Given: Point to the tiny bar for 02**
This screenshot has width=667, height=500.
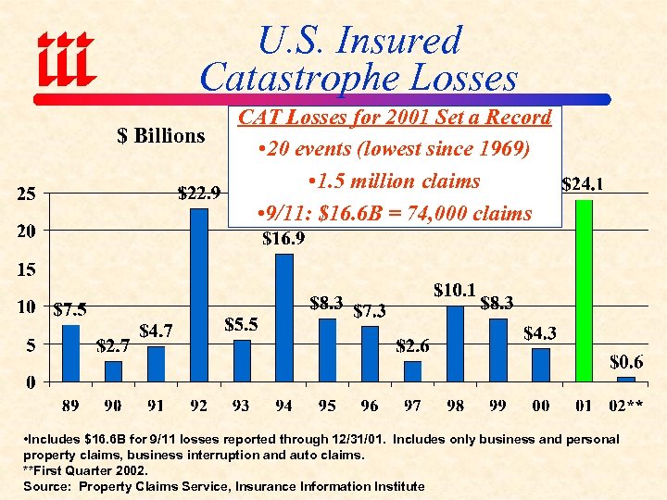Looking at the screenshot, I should (x=626, y=379).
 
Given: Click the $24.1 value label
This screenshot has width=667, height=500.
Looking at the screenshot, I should (x=585, y=185).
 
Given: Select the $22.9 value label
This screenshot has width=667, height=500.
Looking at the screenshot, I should (x=198, y=194).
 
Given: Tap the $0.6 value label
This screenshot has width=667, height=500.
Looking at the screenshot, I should (x=626, y=361).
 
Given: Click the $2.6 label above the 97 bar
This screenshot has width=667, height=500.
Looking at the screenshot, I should (x=412, y=346).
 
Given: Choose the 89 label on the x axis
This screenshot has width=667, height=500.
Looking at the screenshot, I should (x=70, y=405).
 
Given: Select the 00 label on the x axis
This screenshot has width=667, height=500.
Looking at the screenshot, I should (x=541, y=405).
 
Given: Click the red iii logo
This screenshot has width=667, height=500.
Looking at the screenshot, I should (x=65, y=57).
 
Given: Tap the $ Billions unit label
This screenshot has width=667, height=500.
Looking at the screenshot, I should (x=161, y=136).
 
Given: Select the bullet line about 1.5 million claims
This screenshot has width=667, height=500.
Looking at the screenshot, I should (x=394, y=181).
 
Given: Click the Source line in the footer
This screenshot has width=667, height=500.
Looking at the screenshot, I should (x=223, y=486).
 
